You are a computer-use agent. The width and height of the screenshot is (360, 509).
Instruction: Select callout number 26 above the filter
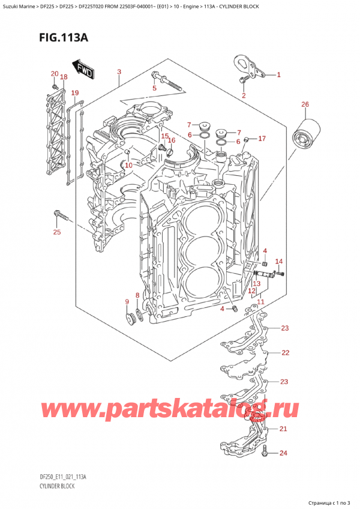coord(305,105)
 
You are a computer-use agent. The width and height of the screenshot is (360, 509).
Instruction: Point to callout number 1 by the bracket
coord(277,75)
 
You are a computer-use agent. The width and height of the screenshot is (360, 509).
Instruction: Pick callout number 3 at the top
coord(119,73)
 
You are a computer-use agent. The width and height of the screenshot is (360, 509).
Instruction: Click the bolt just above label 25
coord(60,214)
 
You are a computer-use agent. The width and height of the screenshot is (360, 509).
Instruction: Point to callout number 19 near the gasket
coord(74,93)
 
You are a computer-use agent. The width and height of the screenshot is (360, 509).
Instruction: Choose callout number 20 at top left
coord(55,74)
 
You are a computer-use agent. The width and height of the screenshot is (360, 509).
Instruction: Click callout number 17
coord(262,139)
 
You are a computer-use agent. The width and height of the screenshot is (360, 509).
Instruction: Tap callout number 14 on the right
coord(278,261)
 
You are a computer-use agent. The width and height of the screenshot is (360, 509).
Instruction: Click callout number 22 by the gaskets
coord(285,352)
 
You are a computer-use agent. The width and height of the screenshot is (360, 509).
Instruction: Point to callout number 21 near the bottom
coord(283,429)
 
